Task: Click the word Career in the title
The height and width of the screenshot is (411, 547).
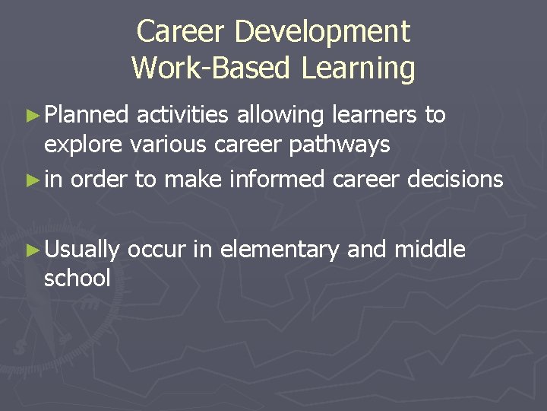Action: point(182,32)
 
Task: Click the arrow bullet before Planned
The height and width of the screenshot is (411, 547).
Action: point(31,116)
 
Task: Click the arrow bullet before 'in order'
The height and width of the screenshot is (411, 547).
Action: point(31,180)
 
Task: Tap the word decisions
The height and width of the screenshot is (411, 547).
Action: point(455,180)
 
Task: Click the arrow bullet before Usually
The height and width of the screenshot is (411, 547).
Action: point(31,249)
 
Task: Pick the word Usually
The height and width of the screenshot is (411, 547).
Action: point(83,249)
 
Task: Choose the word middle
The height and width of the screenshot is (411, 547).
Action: point(429,248)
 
